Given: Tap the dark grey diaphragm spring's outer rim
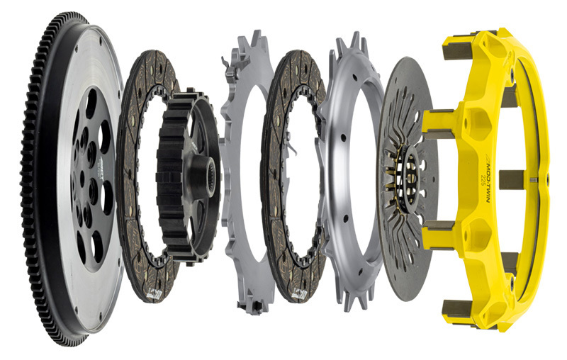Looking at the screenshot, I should click(x=388, y=269).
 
